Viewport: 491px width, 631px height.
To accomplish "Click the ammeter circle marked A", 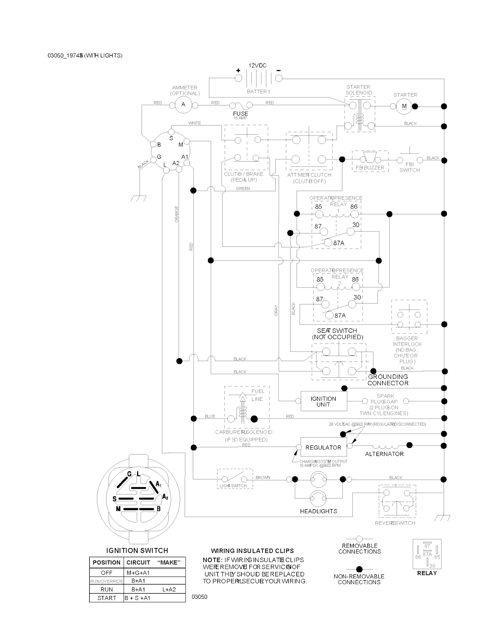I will [183, 104].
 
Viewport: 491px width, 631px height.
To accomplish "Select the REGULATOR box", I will [323, 447].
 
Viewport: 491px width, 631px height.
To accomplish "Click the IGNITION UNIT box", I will [323, 401].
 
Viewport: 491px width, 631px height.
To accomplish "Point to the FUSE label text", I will [241, 114].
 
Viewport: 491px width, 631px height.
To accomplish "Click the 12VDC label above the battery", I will [257, 65].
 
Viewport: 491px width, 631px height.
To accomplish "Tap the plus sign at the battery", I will [238, 71].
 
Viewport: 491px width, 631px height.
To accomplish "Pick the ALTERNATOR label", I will [384, 454].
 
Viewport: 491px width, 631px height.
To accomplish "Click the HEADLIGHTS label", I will [318, 511].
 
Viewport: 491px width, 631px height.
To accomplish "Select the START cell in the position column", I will [106, 598].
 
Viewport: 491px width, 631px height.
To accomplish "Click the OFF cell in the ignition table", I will [106, 573].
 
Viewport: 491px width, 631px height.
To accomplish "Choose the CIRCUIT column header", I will [138, 562].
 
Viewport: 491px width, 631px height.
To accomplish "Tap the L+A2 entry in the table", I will [169, 589].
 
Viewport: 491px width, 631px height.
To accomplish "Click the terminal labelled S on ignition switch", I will [171, 138].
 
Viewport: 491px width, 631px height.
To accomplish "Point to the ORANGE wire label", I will [176, 214].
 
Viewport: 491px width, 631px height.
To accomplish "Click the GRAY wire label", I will [276, 310].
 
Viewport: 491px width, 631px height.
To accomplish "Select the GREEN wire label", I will [243, 188].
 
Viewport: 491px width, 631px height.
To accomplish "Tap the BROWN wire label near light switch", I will [263, 478].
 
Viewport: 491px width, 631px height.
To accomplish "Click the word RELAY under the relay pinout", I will [427, 573].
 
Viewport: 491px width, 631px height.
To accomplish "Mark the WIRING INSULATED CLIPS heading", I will [252, 551].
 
